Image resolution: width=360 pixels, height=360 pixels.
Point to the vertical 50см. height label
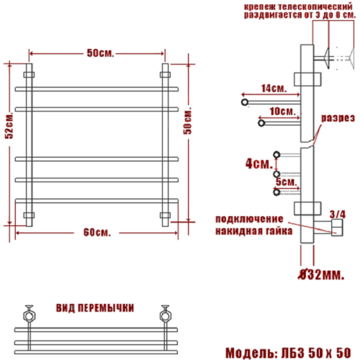pyautogui.click(x=189, y=126)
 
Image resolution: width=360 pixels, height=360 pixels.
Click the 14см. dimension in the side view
pyautogui.click(x=272, y=89)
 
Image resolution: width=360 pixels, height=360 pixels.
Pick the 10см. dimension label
pyautogui.click(x=281, y=112)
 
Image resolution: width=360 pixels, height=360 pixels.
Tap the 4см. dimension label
pyautogui.click(x=256, y=163)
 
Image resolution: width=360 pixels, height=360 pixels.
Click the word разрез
pyautogui.click(x=337, y=117)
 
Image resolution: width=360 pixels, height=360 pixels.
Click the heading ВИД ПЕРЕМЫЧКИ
pyautogui.click(x=94, y=308)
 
